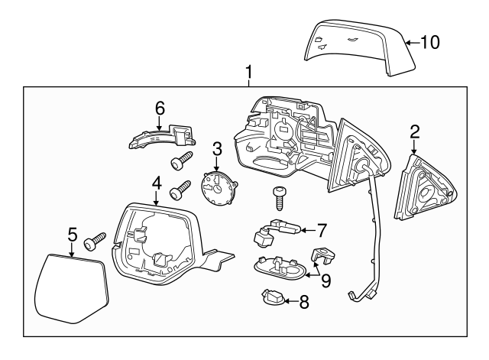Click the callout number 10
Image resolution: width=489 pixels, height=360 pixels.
[x=430, y=42]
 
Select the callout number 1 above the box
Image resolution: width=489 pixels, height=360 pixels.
[x=248, y=73]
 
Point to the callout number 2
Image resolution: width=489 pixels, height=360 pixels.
[x=415, y=131]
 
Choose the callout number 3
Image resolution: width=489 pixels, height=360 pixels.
[x=217, y=148]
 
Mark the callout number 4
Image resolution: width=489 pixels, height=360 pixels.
[x=156, y=183]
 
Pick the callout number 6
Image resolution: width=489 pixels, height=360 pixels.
[x=160, y=109]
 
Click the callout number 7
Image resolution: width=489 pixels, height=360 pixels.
[x=322, y=228]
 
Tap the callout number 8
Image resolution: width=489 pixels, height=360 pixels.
[x=303, y=302]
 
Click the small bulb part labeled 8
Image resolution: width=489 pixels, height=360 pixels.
[x=273, y=298]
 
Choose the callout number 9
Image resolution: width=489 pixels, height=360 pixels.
[x=325, y=281]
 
